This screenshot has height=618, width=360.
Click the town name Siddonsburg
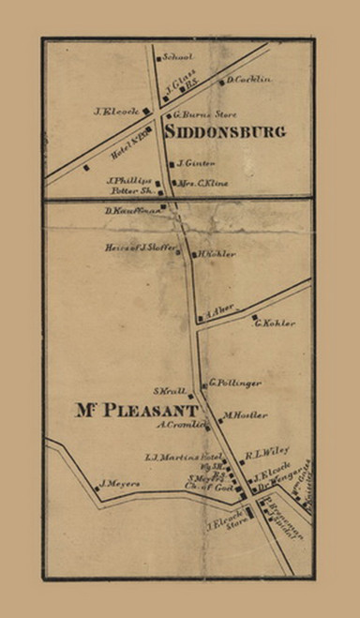click(x=231, y=132)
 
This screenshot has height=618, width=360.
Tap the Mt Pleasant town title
click(x=134, y=411)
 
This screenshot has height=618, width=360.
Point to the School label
click(x=178, y=56)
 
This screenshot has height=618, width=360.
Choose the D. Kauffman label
click(x=134, y=210)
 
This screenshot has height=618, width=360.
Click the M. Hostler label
click(x=239, y=415)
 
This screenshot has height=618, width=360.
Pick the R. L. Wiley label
click(x=265, y=455)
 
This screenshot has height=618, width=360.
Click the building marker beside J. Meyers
click(x=96, y=487)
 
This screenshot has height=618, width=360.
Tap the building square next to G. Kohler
click(x=253, y=316)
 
